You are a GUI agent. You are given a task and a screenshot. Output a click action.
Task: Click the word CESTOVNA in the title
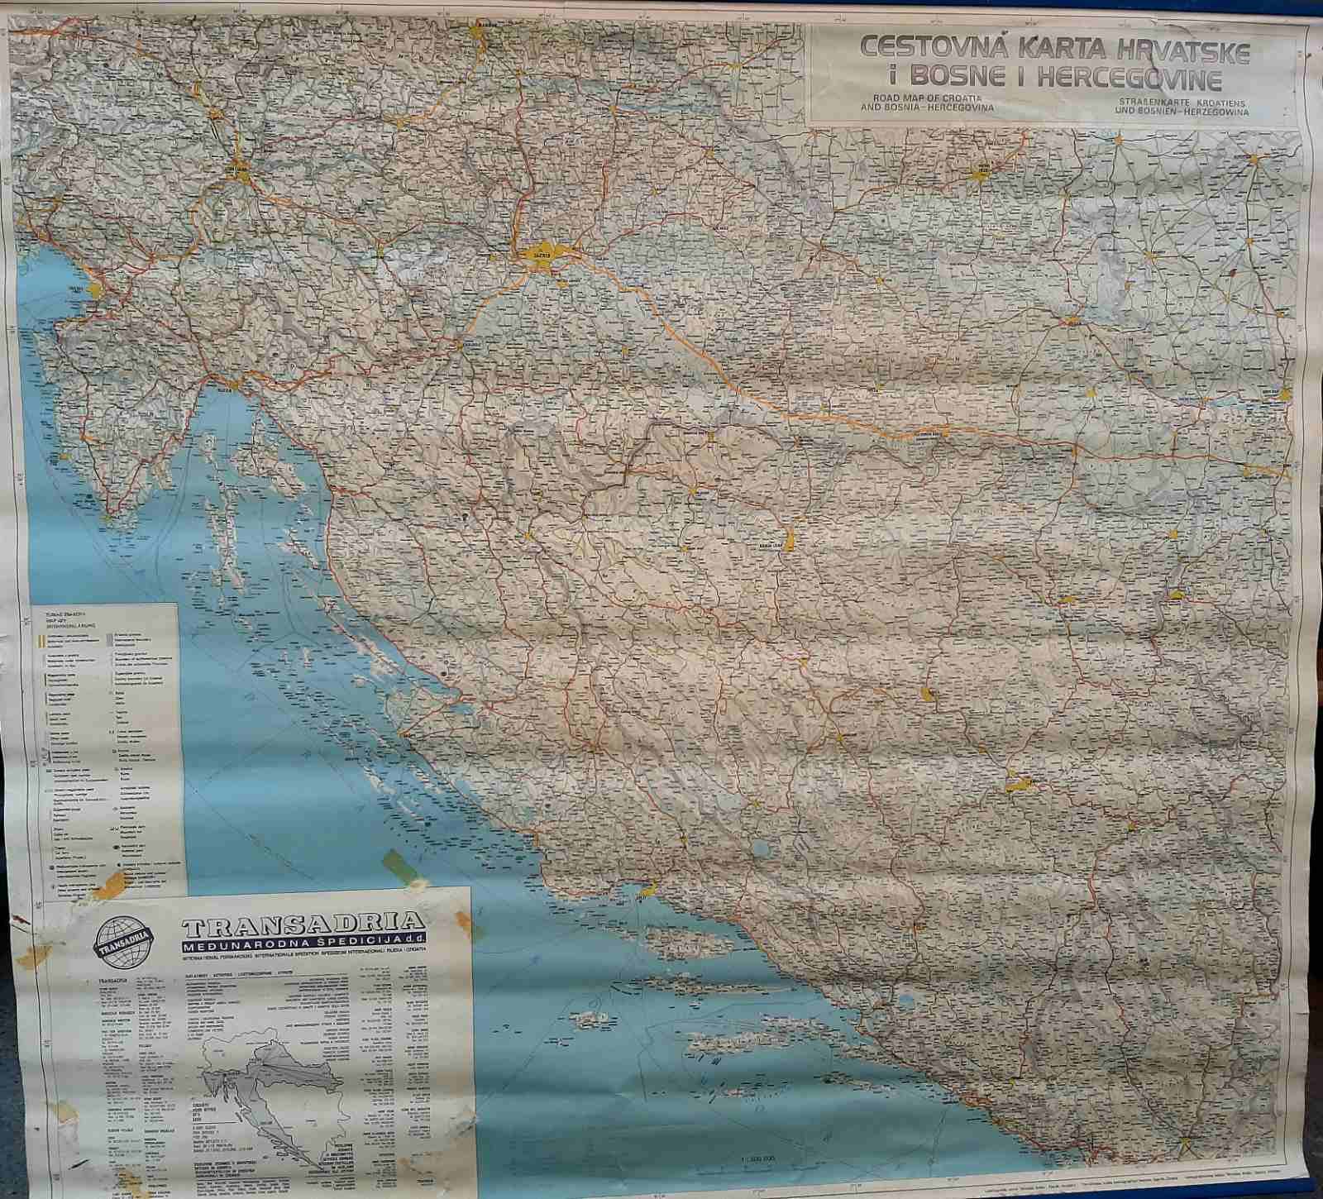pyautogui.click(x=919, y=48)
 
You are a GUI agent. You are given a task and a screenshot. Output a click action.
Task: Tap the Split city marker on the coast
pyautogui.click(x=647, y=891)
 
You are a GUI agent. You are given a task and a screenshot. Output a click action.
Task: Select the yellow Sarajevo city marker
pyautogui.click(x=1018, y=783)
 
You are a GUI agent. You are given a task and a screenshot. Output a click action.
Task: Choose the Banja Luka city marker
pyautogui.click(x=788, y=542)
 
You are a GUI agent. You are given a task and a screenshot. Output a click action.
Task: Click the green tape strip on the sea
pyautogui.click(x=399, y=865)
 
